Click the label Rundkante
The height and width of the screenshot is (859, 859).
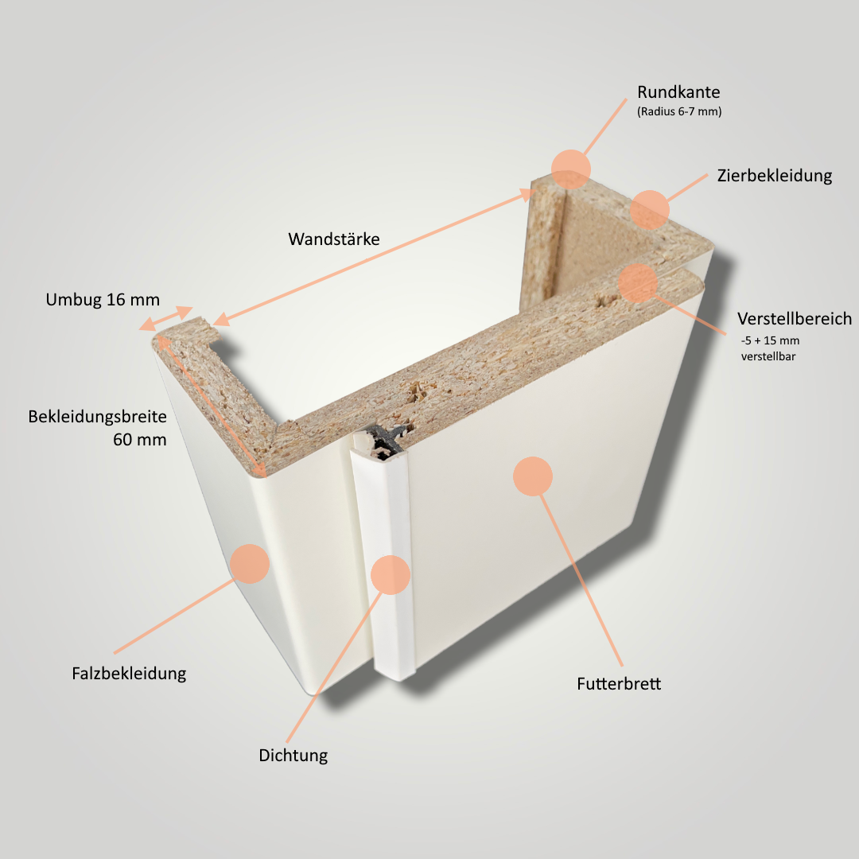point(678,92)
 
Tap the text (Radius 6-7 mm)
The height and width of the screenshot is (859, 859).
point(679,112)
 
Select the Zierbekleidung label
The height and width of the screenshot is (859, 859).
point(774,176)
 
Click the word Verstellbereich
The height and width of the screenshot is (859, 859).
point(794,319)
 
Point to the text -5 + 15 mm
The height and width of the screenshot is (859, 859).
point(769,341)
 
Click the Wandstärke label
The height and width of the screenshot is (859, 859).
point(334,239)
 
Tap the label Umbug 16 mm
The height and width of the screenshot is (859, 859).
point(103,300)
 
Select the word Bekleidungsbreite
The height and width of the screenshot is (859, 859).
point(97,416)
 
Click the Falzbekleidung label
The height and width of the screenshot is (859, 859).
point(129,674)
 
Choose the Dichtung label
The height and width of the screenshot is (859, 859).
point(293,756)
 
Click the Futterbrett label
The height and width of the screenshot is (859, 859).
point(619,684)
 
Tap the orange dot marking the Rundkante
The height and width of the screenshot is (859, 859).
point(571,168)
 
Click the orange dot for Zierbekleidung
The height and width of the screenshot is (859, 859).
point(650,209)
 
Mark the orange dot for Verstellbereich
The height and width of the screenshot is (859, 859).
point(638,283)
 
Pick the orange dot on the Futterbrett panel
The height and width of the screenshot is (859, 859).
point(533,476)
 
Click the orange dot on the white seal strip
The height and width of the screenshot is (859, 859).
point(390,574)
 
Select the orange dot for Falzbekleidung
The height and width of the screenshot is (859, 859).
point(250,564)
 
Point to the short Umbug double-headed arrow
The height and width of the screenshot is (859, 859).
point(166,318)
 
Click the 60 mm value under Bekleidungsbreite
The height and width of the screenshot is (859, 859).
point(139,438)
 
